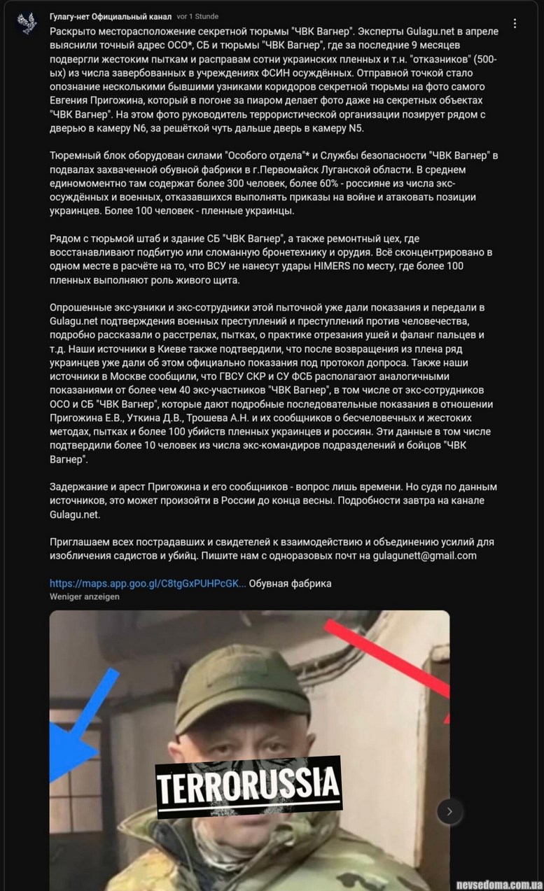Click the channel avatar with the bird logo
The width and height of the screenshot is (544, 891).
27,23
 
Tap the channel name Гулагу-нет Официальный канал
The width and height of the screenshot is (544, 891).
111,17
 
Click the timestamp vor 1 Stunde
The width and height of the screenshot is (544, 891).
198,17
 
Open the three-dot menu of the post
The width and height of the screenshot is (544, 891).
515,24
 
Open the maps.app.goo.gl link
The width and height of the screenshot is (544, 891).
148,583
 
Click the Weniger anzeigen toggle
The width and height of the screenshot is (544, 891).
84,596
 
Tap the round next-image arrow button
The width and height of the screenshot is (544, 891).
449,811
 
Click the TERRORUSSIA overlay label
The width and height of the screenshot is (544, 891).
248,784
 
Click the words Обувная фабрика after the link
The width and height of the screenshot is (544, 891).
290,583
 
